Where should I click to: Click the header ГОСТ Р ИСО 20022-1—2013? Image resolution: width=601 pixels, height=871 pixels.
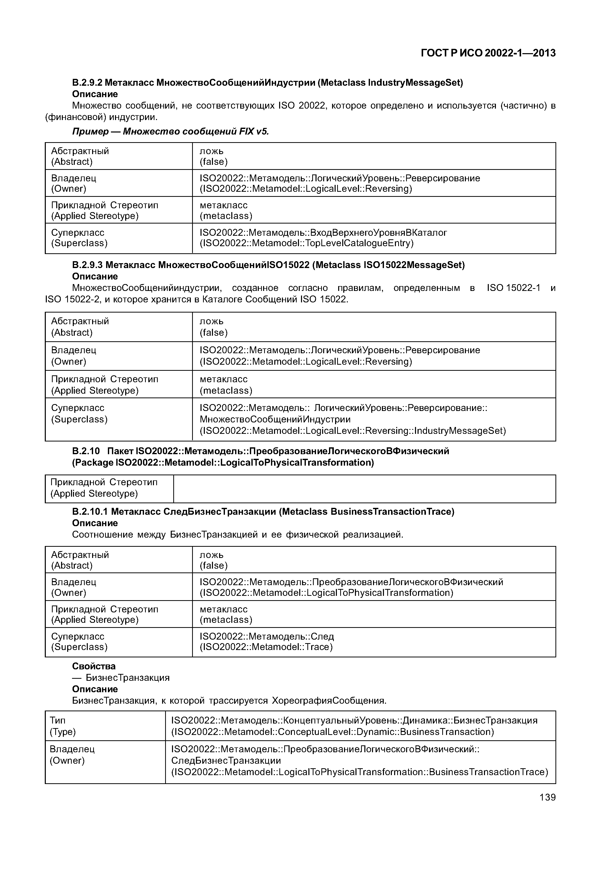pos(488,53)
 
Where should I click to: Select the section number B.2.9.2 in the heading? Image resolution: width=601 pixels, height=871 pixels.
pos(87,82)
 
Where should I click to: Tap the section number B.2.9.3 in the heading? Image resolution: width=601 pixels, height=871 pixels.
pos(87,265)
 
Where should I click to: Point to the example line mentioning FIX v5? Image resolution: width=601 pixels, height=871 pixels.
pos(170,131)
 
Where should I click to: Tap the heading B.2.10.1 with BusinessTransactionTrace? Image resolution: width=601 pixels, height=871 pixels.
pos(263,511)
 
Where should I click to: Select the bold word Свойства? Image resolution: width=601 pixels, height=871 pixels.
pos(94,666)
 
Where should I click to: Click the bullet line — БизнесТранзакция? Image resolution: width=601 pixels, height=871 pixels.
pos(121,677)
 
